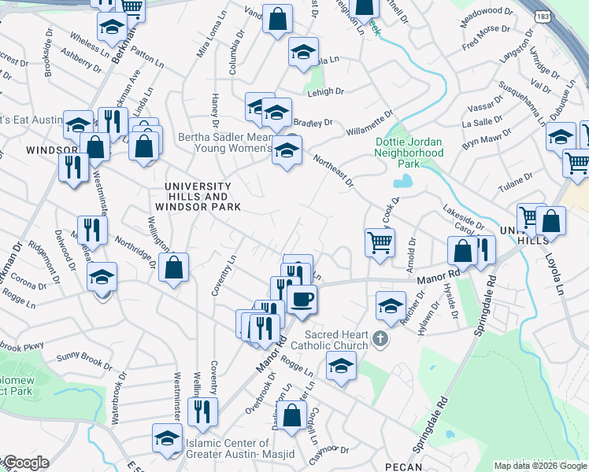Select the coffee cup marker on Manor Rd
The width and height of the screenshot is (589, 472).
(x=301, y=299)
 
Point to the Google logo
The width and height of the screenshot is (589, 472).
(x=25, y=463)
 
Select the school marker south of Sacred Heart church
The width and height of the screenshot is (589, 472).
(x=341, y=367)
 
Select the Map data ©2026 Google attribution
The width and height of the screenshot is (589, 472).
(x=539, y=466)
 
